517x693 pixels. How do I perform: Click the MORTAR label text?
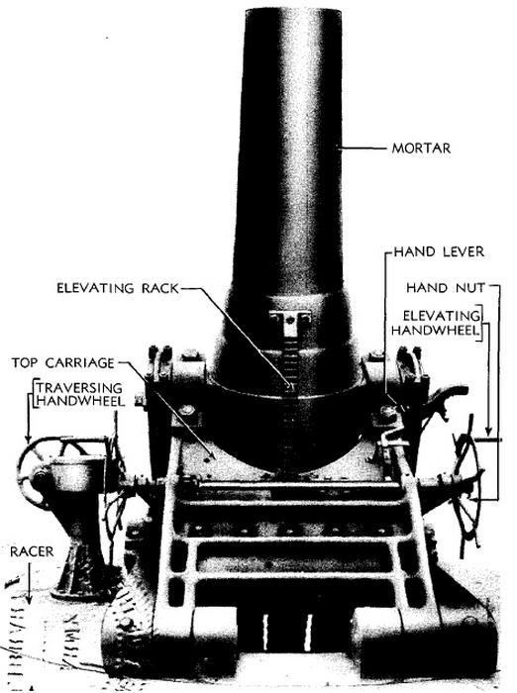(x=421, y=148)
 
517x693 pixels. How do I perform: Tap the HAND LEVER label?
(x=439, y=251)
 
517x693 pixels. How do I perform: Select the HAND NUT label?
(x=446, y=288)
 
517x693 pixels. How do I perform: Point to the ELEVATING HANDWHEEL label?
(x=436, y=323)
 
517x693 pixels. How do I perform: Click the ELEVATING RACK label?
(x=118, y=288)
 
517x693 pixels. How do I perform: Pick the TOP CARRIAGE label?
(x=62, y=363)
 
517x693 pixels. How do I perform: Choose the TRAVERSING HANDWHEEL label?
(x=79, y=394)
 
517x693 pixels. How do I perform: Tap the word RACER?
(x=32, y=551)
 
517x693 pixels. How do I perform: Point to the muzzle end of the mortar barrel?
(x=293, y=13)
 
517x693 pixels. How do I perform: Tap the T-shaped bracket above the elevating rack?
(x=289, y=321)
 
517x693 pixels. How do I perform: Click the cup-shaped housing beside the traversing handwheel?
(x=76, y=474)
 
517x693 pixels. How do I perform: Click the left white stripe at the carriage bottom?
(x=265, y=632)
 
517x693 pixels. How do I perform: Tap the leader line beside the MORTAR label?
(x=363, y=148)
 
